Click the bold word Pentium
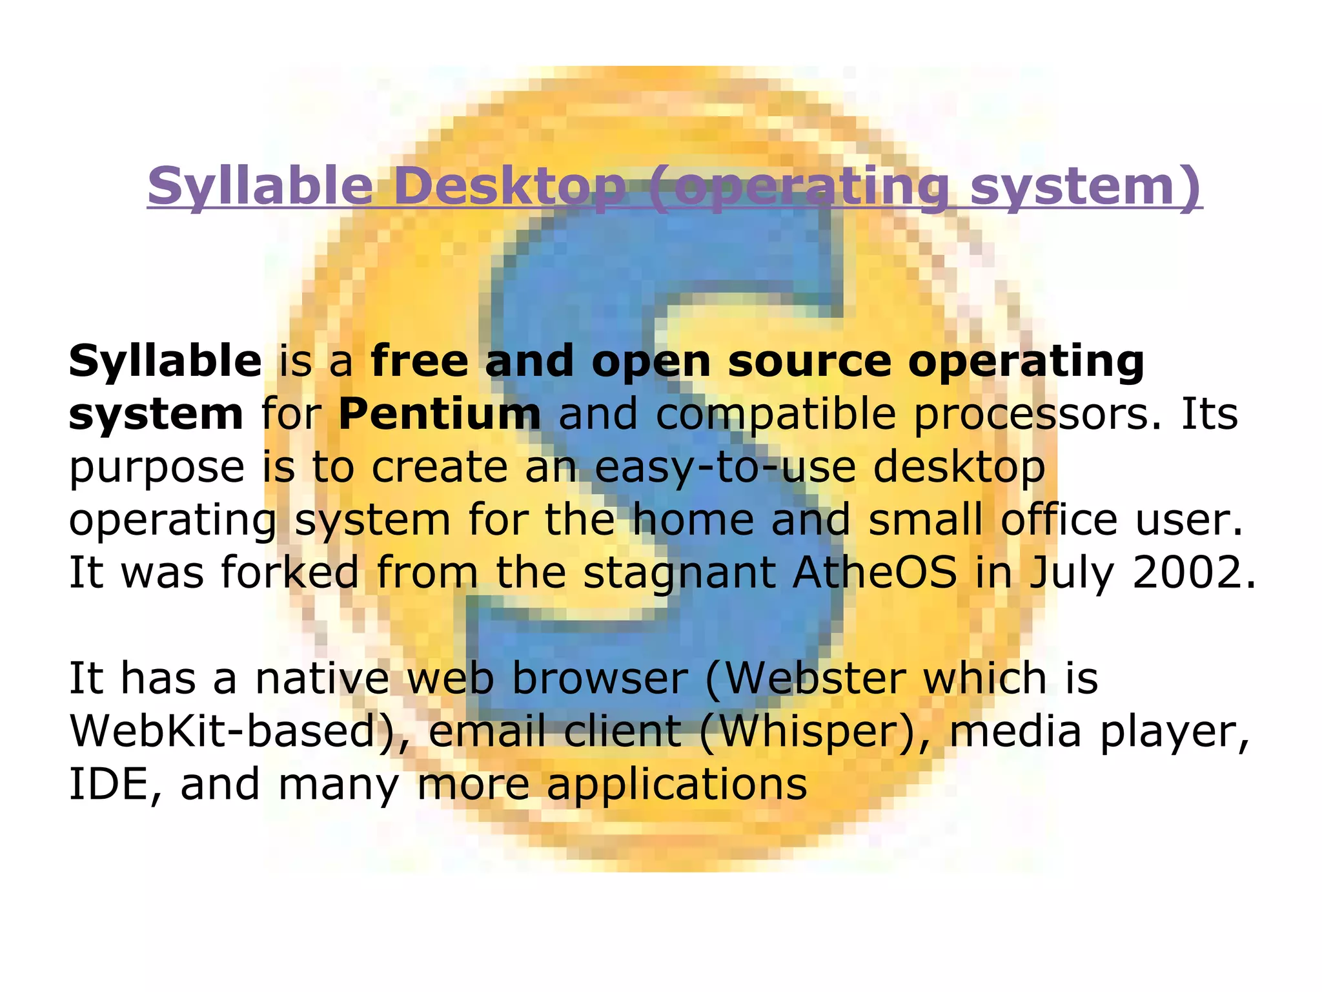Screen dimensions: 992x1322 pos(440,414)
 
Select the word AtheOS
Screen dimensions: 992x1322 pos(875,572)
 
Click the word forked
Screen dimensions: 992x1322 pos(290,572)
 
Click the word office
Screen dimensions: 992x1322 pos(1059,520)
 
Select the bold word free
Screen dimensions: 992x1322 pos(420,361)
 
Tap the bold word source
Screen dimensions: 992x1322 pos(809,362)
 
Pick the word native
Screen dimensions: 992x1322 pos(322,678)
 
